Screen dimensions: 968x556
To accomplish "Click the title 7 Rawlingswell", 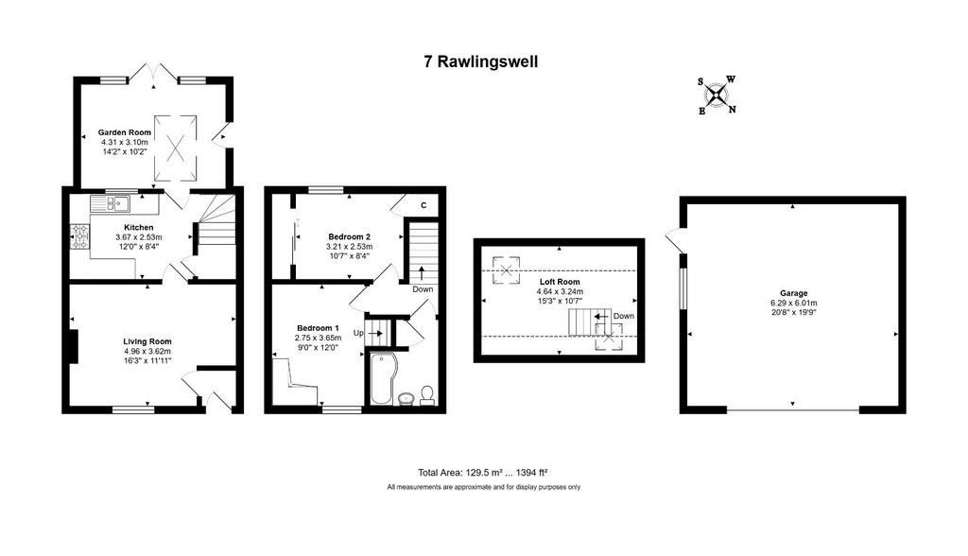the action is pyautogui.click(x=480, y=61).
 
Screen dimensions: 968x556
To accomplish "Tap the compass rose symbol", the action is pyautogui.click(x=717, y=96).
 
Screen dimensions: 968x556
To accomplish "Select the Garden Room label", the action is pyautogui.click(x=125, y=132).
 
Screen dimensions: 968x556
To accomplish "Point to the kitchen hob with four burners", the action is pyautogui.click(x=80, y=236).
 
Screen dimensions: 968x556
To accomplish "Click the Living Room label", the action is pyautogui.click(x=147, y=341).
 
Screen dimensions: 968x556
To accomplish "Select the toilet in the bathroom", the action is pyautogui.click(x=426, y=395).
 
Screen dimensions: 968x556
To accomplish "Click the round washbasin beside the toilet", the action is pyautogui.click(x=406, y=398).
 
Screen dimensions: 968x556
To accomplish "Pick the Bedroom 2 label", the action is pyautogui.click(x=350, y=236).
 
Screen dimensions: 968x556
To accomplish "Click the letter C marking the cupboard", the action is pyautogui.click(x=423, y=206).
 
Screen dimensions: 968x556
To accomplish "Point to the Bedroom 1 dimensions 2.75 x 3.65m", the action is pyautogui.click(x=318, y=338).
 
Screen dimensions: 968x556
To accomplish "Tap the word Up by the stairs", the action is pyautogui.click(x=358, y=333).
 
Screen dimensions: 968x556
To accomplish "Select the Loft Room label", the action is pyautogui.click(x=560, y=282).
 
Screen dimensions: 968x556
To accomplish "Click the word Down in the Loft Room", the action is pyautogui.click(x=624, y=316).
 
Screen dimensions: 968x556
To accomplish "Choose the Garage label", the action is pyautogui.click(x=793, y=293).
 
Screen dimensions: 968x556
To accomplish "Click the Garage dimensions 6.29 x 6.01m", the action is pyautogui.click(x=793, y=303).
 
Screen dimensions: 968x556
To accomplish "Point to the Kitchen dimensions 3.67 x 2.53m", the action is pyautogui.click(x=139, y=236).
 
